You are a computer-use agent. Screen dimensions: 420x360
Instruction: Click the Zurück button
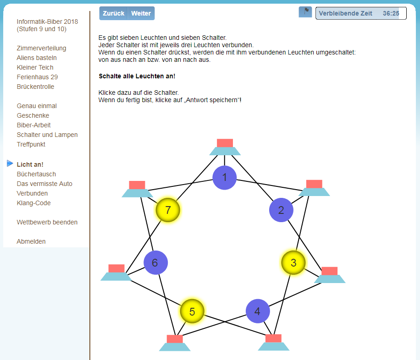pyautogui.click(x=113, y=13)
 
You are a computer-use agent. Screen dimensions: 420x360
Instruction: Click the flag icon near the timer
pyautogui.click(x=305, y=12)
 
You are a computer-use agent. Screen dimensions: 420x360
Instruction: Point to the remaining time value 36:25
pyautogui.click(x=391, y=13)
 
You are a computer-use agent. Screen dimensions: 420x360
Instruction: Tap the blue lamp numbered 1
pyautogui.click(x=225, y=177)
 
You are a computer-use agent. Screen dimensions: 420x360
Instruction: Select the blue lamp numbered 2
pyautogui.click(x=281, y=210)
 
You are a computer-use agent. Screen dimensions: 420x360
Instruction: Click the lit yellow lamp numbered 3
pyautogui.click(x=293, y=262)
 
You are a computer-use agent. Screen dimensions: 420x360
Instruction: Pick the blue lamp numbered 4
pyautogui.click(x=258, y=311)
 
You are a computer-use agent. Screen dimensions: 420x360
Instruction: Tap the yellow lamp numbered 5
pyautogui.click(x=192, y=311)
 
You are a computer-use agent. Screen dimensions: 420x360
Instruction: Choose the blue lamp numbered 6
pyautogui.click(x=155, y=262)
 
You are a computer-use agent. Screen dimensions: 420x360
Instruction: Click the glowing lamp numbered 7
pyautogui.click(x=168, y=210)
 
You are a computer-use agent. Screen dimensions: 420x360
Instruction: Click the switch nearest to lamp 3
pyautogui.click(x=330, y=275)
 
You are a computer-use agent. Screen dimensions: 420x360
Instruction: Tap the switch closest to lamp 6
pyautogui.click(x=116, y=273)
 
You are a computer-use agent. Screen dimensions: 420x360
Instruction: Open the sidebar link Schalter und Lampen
pyautogui.click(x=47, y=135)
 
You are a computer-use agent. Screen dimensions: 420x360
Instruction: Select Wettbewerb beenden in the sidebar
pyautogui.click(x=47, y=222)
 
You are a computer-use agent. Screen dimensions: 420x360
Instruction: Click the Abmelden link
pyautogui.click(x=31, y=241)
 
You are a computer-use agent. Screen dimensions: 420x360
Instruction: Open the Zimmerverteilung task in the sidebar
pyautogui.click(x=41, y=48)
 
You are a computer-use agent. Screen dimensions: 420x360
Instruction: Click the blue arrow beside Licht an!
pyautogui.click(x=10, y=163)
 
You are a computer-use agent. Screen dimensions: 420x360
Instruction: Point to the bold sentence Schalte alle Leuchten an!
pyautogui.click(x=137, y=76)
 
